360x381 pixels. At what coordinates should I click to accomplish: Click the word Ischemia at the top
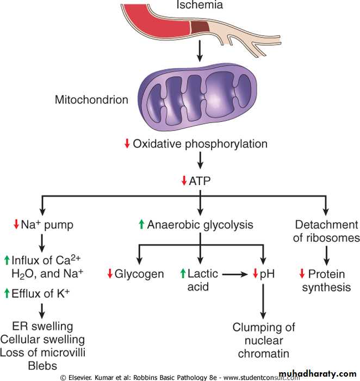[200, 5]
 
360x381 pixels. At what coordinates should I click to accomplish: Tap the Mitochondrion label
[92, 100]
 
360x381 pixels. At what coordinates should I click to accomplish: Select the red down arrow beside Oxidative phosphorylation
[127, 144]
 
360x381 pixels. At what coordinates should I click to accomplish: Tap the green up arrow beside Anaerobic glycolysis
[141, 224]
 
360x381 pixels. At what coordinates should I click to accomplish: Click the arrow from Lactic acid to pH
[237, 274]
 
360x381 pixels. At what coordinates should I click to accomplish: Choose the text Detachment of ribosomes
[326, 231]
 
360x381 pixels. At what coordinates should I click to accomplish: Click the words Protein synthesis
[326, 280]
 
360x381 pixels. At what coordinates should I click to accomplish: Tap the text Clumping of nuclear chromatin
[264, 340]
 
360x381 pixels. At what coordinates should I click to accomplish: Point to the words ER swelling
[42, 326]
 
